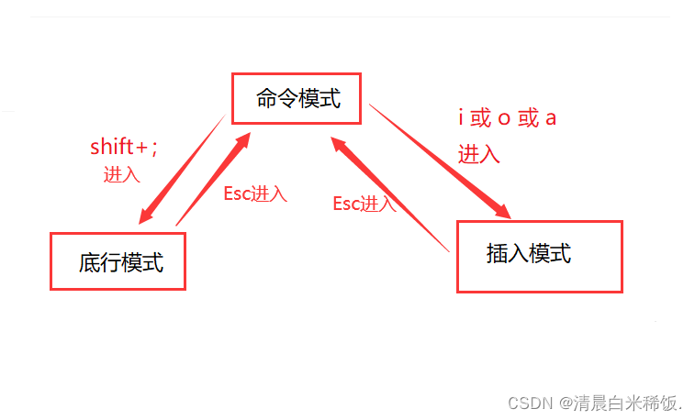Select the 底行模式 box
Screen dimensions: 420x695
click(x=118, y=261)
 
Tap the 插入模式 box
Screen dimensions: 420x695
click(x=539, y=256)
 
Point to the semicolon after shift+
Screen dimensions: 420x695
click(x=153, y=147)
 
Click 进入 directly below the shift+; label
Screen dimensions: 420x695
click(x=121, y=175)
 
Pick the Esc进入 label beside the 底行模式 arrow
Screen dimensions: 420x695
click(x=255, y=193)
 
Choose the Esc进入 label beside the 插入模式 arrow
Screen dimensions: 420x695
click(x=364, y=204)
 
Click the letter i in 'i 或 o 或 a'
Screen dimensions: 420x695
click(x=461, y=118)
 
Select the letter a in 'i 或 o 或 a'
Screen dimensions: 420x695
click(x=551, y=118)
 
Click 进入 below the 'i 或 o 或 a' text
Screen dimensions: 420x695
click(x=479, y=153)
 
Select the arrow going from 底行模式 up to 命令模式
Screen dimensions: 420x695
click(x=213, y=179)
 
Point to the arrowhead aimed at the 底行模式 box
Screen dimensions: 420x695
click(x=145, y=216)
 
